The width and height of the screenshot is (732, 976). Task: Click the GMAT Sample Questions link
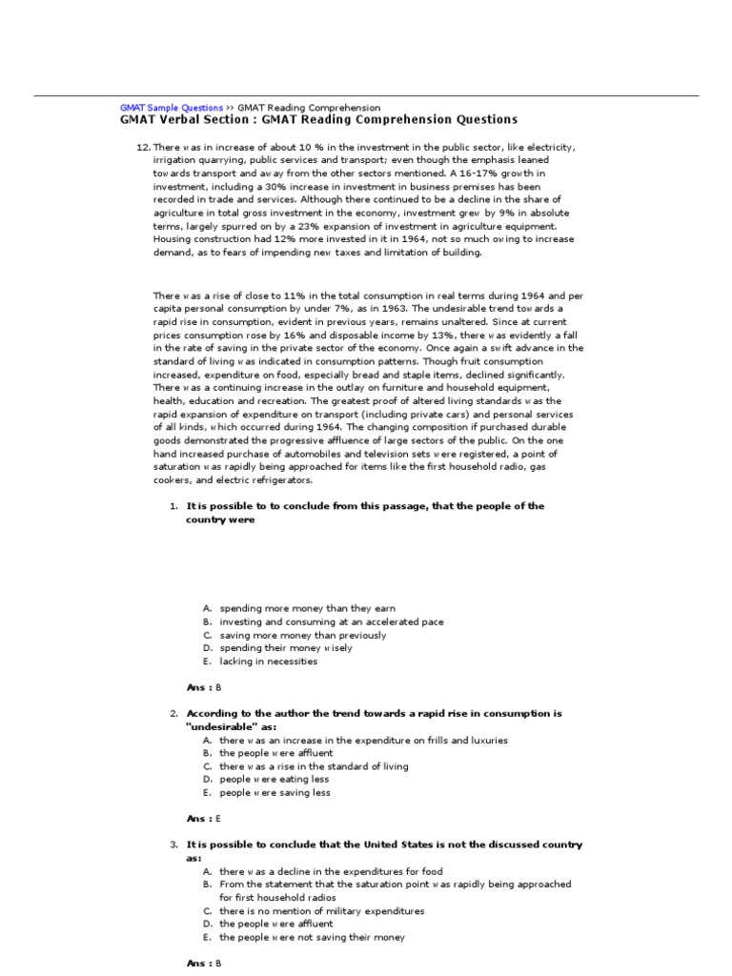point(172,108)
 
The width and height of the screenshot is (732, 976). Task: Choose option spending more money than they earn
point(307,608)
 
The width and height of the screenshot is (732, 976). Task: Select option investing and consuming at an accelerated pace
point(331,621)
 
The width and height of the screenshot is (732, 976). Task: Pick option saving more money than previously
point(302,635)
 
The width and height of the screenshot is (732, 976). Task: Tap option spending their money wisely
point(285,648)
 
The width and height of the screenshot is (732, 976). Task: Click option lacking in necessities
point(268,661)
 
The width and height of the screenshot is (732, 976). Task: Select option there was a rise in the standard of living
point(314,765)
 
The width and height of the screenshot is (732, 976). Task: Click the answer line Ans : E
point(203,819)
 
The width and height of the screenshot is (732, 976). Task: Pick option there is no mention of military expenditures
point(321,910)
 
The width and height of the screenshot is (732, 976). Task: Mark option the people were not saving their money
point(312,937)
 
